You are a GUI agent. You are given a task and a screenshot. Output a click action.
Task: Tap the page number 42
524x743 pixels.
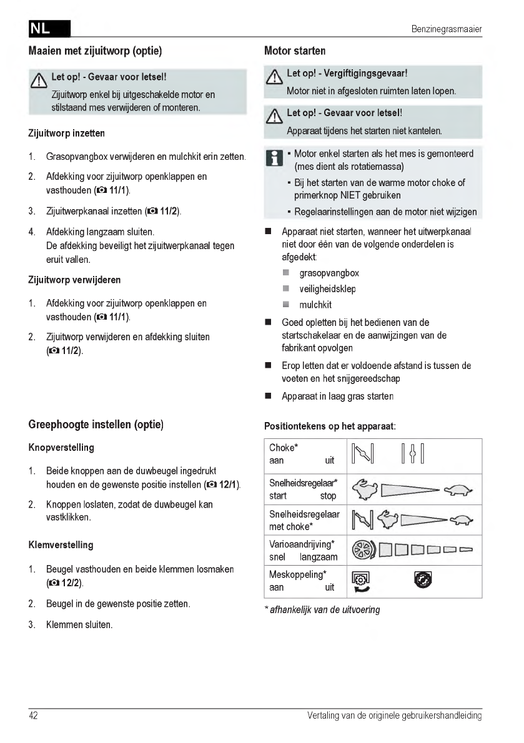[33, 716]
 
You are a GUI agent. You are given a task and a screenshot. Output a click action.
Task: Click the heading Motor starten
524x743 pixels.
[295, 51]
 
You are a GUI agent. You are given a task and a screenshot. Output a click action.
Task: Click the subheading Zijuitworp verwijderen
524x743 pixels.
[75, 280]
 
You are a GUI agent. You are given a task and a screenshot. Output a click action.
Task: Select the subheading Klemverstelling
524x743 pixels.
[61, 545]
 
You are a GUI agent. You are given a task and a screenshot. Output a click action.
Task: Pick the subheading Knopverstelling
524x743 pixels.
[62, 448]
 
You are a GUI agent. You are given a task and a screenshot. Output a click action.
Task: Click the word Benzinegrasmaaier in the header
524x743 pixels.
[447, 29]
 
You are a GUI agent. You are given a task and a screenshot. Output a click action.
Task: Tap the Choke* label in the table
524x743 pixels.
[284, 448]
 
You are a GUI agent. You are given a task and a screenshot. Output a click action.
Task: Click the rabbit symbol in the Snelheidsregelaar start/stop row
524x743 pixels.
[365, 490]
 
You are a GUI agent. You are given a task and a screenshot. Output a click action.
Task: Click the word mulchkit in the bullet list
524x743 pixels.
[315, 305]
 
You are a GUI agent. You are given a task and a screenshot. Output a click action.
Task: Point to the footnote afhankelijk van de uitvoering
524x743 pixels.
[322, 609]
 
